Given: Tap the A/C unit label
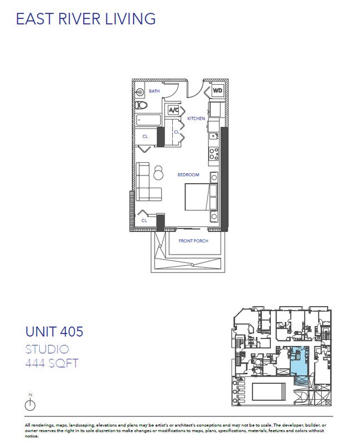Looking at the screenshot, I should pyautogui.click(x=172, y=110).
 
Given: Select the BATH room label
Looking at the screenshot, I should pyautogui.click(x=154, y=91).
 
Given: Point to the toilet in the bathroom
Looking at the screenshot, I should pyautogui.click(x=141, y=105).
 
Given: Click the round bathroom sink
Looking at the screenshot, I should pyautogui.click(x=141, y=92).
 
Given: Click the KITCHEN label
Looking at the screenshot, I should pyautogui.click(x=196, y=118).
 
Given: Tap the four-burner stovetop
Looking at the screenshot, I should pyautogui.click(x=213, y=153).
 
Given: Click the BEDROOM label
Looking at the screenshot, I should pyautogui.click(x=188, y=175).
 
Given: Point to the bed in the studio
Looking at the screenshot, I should pyautogui.click(x=199, y=197).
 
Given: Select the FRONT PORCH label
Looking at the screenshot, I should pyautogui.click(x=192, y=241).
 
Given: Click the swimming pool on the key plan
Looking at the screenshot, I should pyautogui.click(x=270, y=391).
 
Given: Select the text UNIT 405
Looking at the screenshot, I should pyautogui.click(x=54, y=332).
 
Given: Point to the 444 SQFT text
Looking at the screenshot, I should pyautogui.click(x=51, y=364).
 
